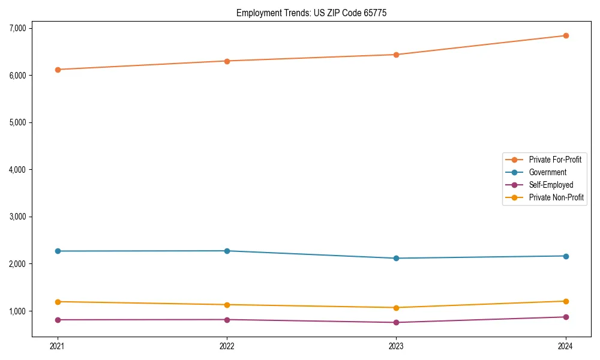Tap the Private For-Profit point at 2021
(x=58, y=70)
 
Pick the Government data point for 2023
(x=396, y=259)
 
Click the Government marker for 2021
(x=58, y=251)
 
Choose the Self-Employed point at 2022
(x=227, y=320)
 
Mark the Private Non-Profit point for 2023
(x=396, y=308)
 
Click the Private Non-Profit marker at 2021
(x=58, y=302)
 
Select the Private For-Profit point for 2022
(x=227, y=61)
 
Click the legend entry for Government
(x=547, y=172)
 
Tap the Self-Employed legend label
(x=551, y=185)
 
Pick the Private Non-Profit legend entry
(x=556, y=197)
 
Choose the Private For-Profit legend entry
(x=555, y=160)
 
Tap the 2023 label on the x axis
(x=396, y=346)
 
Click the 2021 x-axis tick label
(x=58, y=346)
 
